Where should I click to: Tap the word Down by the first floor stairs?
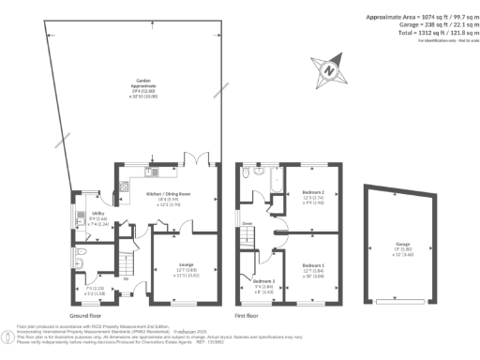tap(247, 223)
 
